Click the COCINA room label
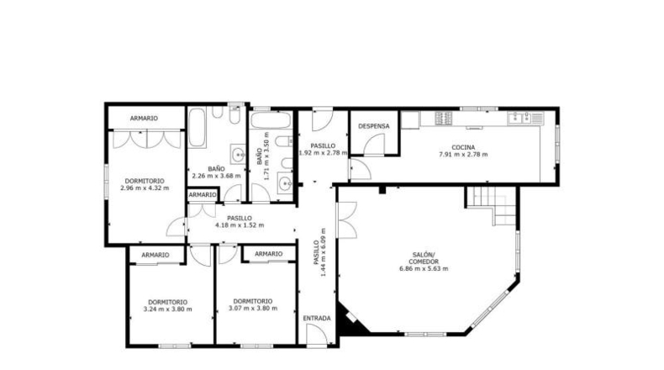[463, 147]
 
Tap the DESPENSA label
[373, 126]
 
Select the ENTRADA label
[317, 319]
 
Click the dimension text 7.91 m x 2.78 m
[463, 155]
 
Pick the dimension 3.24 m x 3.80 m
[168, 309]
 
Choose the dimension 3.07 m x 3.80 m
[253, 309]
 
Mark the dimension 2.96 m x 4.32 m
[145, 188]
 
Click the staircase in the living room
[491, 205]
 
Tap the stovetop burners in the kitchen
[444, 118]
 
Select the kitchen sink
[519, 118]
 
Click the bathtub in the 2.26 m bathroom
[197, 128]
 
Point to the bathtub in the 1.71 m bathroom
[271, 120]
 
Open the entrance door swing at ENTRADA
[317, 334]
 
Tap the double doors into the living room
[347, 219]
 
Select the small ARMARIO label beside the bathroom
[203, 195]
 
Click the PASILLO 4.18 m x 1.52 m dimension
[240, 225]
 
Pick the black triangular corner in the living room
[350, 319]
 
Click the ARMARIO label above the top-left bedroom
[144, 119]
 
